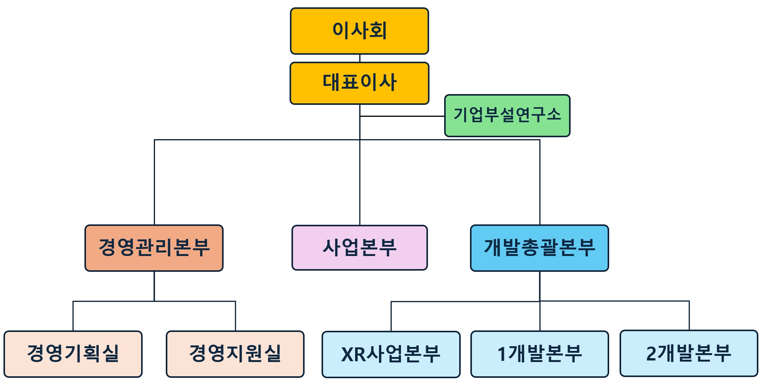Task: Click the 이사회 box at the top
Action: click(359, 31)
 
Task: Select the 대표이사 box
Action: click(359, 83)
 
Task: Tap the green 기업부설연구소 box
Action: click(507, 115)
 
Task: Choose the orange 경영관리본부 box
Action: click(154, 248)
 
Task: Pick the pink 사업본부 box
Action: click(359, 248)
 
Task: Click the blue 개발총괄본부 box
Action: click(539, 248)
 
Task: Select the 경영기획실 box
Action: click(73, 354)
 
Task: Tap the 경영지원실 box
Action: click(235, 354)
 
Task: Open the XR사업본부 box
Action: click(391, 354)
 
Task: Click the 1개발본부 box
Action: click(539, 354)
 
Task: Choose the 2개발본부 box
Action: click(689, 353)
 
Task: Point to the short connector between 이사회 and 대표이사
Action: click(360, 58)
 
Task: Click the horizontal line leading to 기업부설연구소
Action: click(401, 116)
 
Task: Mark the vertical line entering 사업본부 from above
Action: click(360, 185)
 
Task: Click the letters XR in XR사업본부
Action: click(352, 354)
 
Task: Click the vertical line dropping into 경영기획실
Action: click(73, 316)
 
